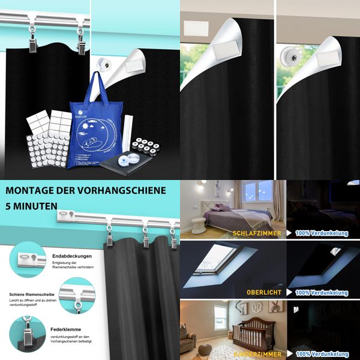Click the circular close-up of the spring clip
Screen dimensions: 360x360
point(28,333)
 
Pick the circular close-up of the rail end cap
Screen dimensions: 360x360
point(28,259)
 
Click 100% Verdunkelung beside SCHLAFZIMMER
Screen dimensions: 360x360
point(321,231)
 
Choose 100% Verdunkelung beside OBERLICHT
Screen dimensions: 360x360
point(321,292)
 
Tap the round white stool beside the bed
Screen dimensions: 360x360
point(197,226)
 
